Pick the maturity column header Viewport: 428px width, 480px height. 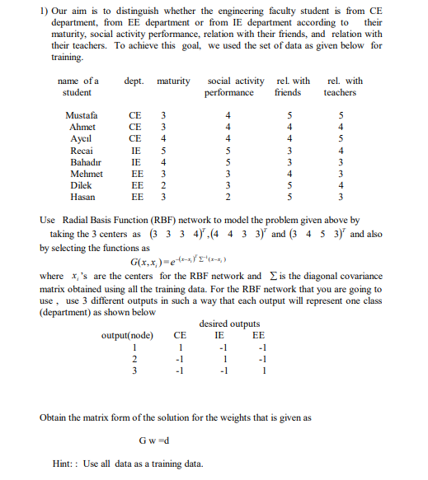tap(172, 82)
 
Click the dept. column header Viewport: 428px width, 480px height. tap(134, 82)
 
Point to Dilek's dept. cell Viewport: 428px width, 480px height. tap(139, 186)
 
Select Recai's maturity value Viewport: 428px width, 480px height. tap(163, 151)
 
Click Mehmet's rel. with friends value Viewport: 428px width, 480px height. tap(289, 175)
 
